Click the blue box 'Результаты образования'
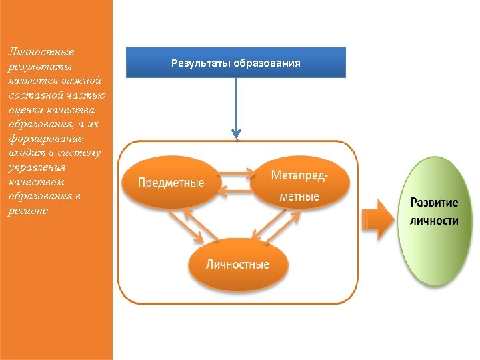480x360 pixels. (x=236, y=63)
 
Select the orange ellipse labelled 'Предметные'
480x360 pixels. (x=171, y=183)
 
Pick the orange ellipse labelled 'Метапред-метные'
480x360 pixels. (x=299, y=185)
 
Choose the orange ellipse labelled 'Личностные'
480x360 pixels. (x=238, y=264)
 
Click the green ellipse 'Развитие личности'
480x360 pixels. (x=434, y=220)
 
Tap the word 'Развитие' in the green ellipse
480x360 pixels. (x=434, y=203)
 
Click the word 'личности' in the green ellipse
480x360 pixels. (x=434, y=221)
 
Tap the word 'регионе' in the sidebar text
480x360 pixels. (x=28, y=211)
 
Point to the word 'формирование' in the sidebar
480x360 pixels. (x=45, y=139)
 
